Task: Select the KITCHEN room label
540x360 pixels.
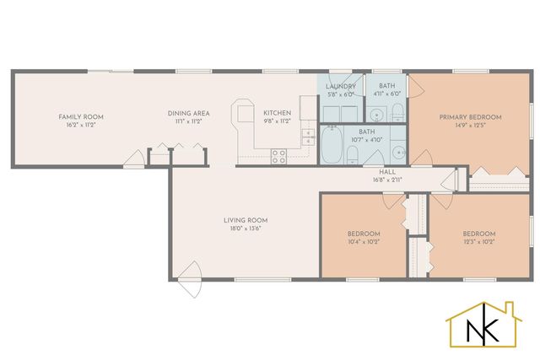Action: [x=277, y=113]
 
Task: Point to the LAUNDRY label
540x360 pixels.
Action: [x=342, y=86]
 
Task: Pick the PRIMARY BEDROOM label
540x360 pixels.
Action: [x=470, y=116]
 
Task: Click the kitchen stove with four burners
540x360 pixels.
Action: [x=278, y=156]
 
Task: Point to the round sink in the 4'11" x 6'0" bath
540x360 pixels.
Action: [x=376, y=114]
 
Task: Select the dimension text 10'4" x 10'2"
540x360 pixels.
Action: [x=364, y=241]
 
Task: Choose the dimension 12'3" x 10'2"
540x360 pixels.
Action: [x=478, y=241]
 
